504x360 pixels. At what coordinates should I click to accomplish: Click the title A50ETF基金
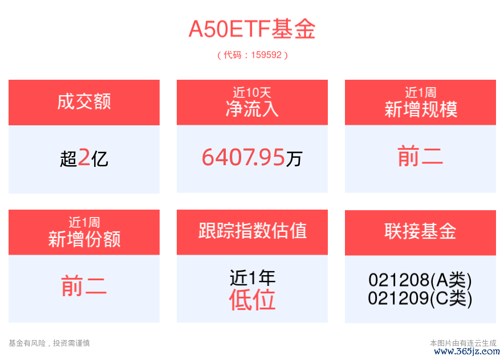pos(252,29)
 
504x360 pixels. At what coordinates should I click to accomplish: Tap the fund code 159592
pos(266,55)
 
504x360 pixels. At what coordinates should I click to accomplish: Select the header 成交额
pos(84,101)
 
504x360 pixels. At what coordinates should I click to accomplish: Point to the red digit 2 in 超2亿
pos(84,157)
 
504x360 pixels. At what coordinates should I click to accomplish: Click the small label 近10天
pos(252,92)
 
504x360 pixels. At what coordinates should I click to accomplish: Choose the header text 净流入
pos(252,109)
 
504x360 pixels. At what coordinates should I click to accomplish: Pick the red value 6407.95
pos(243,157)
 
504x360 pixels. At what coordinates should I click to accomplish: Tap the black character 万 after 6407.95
pos(294,159)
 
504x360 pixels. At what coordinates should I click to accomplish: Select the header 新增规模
pos(421,109)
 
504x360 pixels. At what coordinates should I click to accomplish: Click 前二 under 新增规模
pos(420,156)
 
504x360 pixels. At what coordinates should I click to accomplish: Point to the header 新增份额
pos(84,239)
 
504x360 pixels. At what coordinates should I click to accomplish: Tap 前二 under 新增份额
pos(84,286)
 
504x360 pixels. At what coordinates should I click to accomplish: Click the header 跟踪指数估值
pos(253,231)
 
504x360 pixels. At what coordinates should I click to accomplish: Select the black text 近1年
pos(253,278)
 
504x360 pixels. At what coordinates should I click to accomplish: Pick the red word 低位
pos(253,300)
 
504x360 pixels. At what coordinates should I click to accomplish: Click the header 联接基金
pos(420,231)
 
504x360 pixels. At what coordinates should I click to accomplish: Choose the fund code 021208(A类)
pos(420,280)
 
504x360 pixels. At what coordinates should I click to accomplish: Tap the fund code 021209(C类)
pos(420,298)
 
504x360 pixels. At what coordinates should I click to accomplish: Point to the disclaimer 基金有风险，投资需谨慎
pos(49,343)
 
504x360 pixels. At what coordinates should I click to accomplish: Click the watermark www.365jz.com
pos(467,351)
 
